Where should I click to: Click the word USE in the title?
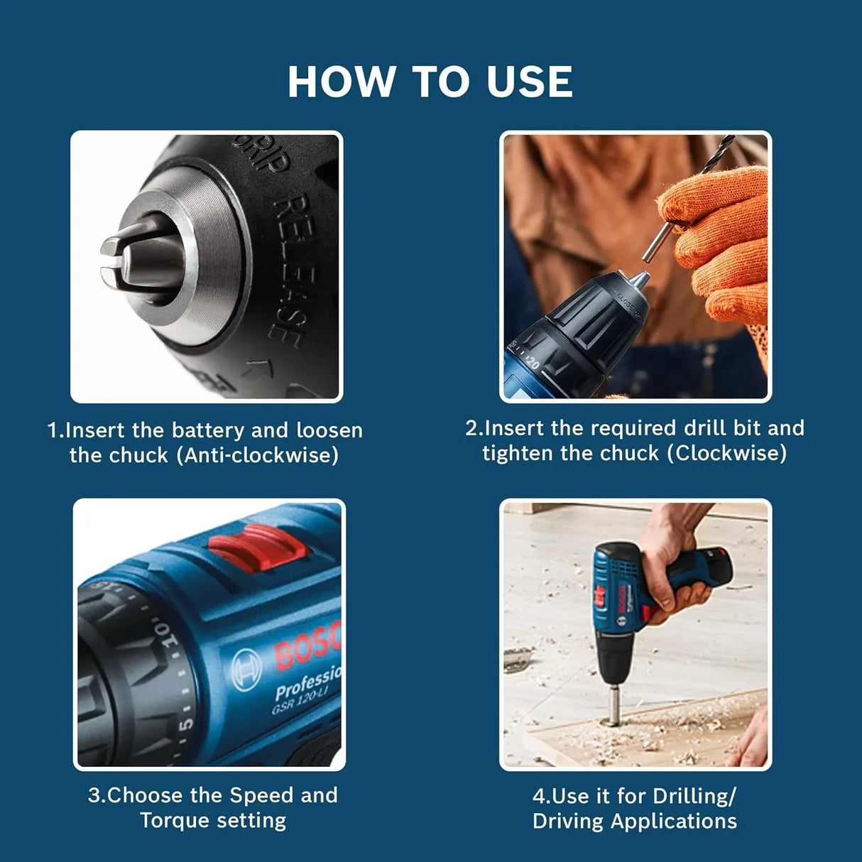[x=530, y=82]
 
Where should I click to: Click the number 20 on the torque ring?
[x=532, y=363]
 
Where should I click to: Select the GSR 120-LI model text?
[x=298, y=703]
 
